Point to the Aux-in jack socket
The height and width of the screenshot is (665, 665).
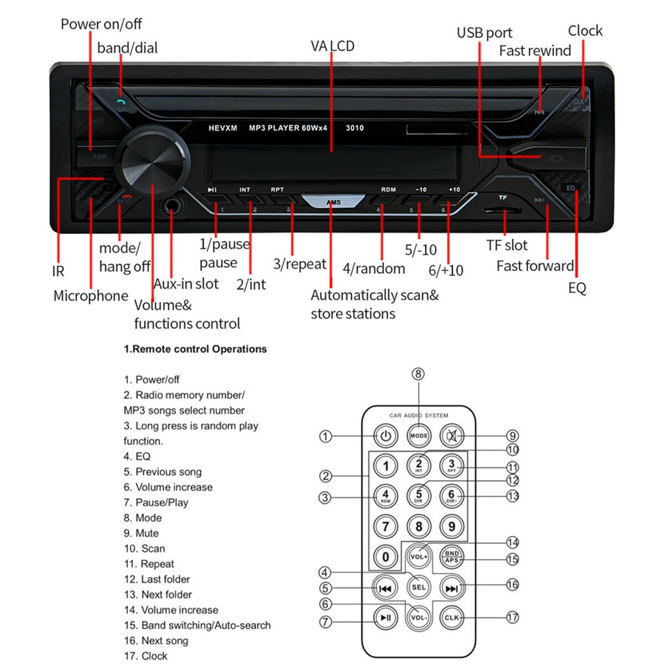tap(172, 206)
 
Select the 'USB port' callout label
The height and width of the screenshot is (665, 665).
tap(484, 33)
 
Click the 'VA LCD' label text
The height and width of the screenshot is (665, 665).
tap(332, 46)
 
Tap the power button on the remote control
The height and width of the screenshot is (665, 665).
tap(386, 436)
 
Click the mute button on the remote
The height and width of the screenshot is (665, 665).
tap(452, 436)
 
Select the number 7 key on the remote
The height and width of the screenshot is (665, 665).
tap(386, 526)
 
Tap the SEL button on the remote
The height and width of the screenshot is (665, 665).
tap(418, 587)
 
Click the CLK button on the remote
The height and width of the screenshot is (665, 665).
tap(452, 617)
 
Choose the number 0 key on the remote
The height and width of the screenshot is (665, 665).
tap(386, 556)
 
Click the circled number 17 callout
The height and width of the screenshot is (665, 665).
tap(513, 617)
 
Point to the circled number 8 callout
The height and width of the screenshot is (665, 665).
tap(418, 374)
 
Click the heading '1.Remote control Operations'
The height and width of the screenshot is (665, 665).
tap(195, 349)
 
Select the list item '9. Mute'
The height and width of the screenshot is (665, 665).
tap(141, 533)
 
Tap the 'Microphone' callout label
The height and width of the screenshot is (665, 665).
tap(91, 296)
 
